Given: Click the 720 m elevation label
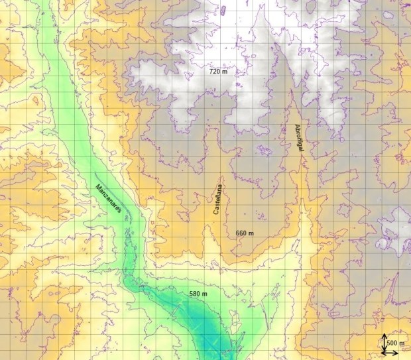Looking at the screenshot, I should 218,71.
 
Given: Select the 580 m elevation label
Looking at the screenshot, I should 198,294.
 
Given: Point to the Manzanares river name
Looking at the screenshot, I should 107,198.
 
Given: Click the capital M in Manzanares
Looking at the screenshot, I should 97,186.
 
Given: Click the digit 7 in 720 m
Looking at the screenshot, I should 211,71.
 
